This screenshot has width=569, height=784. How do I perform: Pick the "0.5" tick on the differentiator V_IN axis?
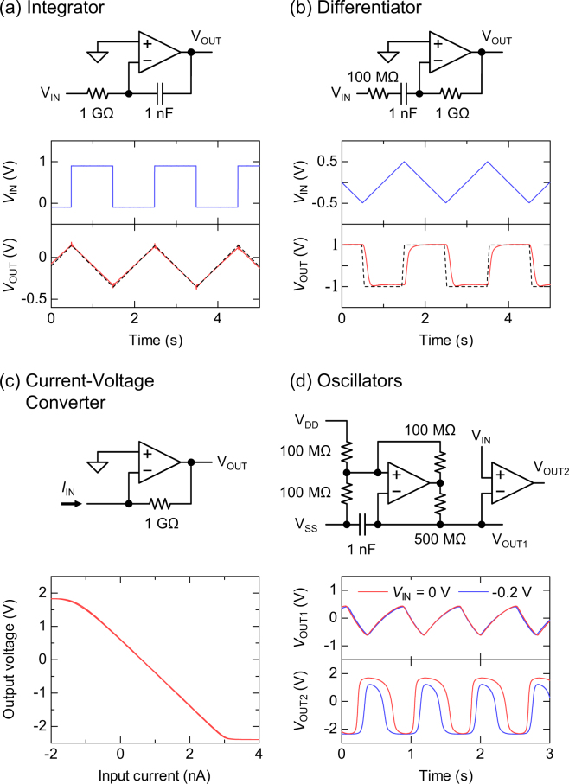pyautogui.click(x=326, y=161)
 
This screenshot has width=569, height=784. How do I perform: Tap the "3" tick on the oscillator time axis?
pyautogui.click(x=548, y=751)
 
